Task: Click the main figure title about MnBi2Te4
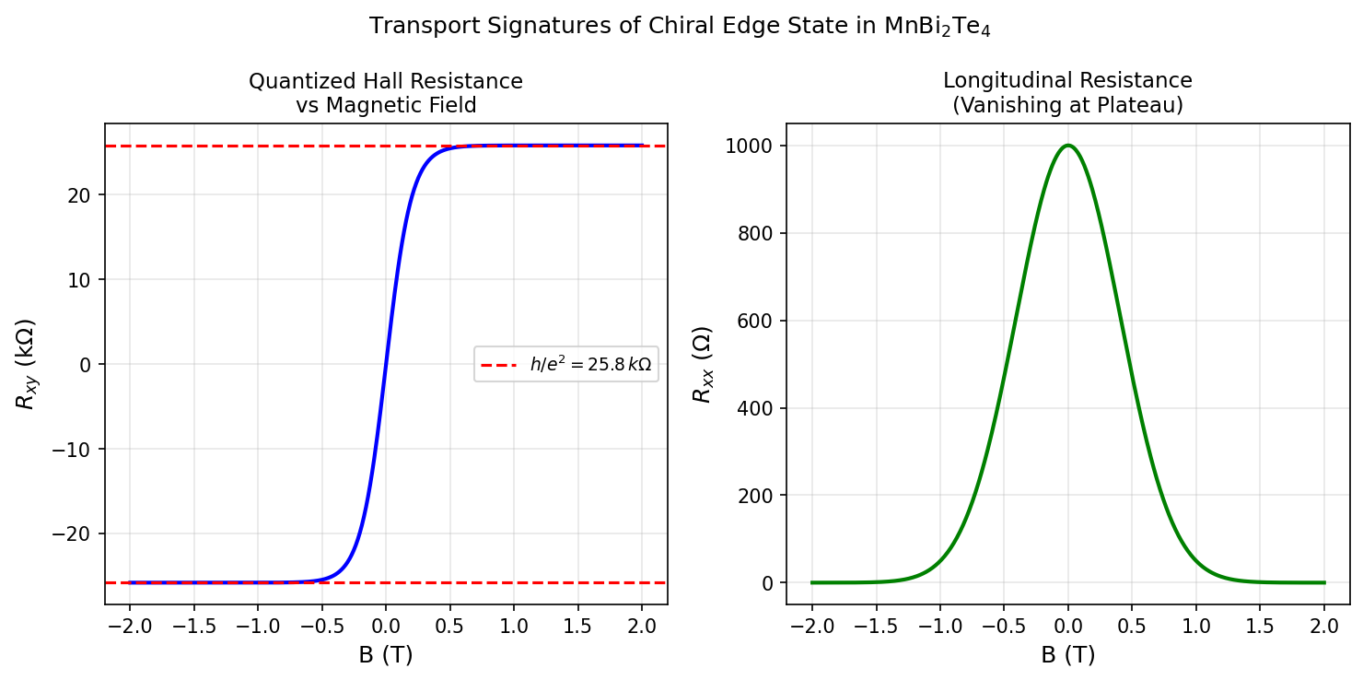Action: click(680, 27)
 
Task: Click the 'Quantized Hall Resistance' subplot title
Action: click(386, 93)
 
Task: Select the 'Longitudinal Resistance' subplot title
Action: click(1067, 93)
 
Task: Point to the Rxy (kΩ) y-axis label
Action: click(26, 364)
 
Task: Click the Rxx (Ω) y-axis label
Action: click(703, 364)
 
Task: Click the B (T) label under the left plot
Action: click(386, 655)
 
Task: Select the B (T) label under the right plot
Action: click(1067, 655)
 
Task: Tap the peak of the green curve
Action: click(1067, 146)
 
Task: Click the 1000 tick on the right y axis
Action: click(756, 146)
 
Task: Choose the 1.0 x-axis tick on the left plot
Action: click(514, 627)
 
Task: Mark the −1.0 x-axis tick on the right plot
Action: click(939, 627)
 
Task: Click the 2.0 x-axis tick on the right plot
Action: click(1323, 627)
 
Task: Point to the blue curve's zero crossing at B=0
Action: click(386, 364)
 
